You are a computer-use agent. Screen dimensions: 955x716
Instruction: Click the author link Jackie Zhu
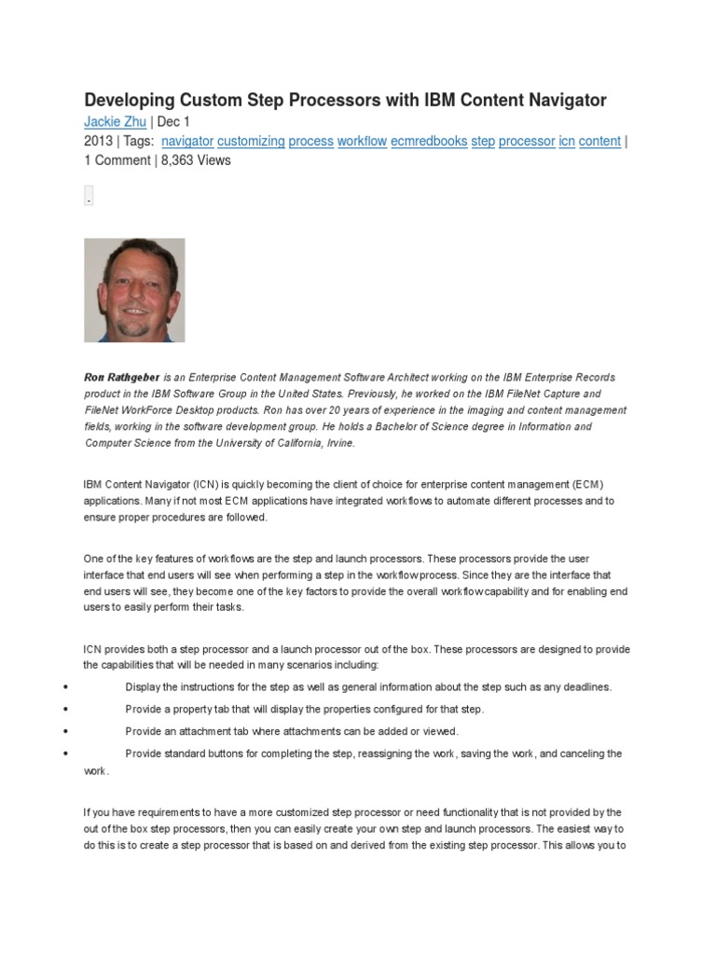(x=116, y=122)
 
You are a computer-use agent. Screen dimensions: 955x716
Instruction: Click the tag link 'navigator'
(x=187, y=141)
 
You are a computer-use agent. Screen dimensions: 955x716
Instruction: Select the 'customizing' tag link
(x=251, y=141)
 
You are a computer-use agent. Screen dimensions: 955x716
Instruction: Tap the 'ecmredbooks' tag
(x=429, y=141)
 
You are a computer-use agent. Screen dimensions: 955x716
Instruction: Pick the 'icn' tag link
(x=566, y=141)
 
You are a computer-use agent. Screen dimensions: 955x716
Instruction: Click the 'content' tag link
(x=599, y=141)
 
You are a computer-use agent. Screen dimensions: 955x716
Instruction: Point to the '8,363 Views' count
(x=195, y=160)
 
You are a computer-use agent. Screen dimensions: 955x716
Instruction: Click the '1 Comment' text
(x=117, y=160)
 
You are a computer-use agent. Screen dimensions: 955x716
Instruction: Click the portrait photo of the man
(x=134, y=290)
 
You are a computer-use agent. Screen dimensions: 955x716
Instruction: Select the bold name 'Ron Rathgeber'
(x=121, y=378)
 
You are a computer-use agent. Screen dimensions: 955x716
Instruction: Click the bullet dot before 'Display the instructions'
(x=65, y=687)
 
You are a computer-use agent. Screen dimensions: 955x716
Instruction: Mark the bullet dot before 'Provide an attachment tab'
(x=65, y=731)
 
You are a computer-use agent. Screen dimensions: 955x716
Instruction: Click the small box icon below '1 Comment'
(x=89, y=197)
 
